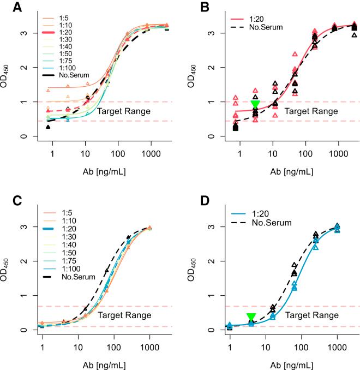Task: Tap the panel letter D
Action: (191, 200)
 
